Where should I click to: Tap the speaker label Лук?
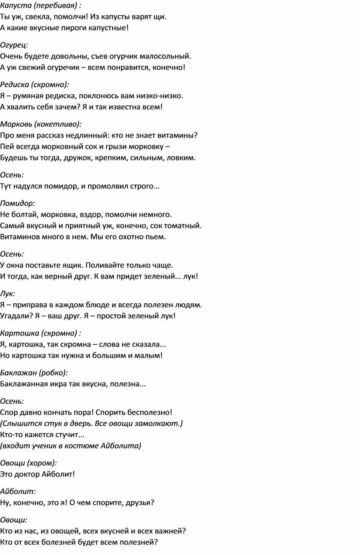click(x=7, y=293)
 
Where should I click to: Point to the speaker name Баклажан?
click(x=18, y=372)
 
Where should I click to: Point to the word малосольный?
click(x=169, y=56)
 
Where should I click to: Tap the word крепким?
click(x=113, y=157)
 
